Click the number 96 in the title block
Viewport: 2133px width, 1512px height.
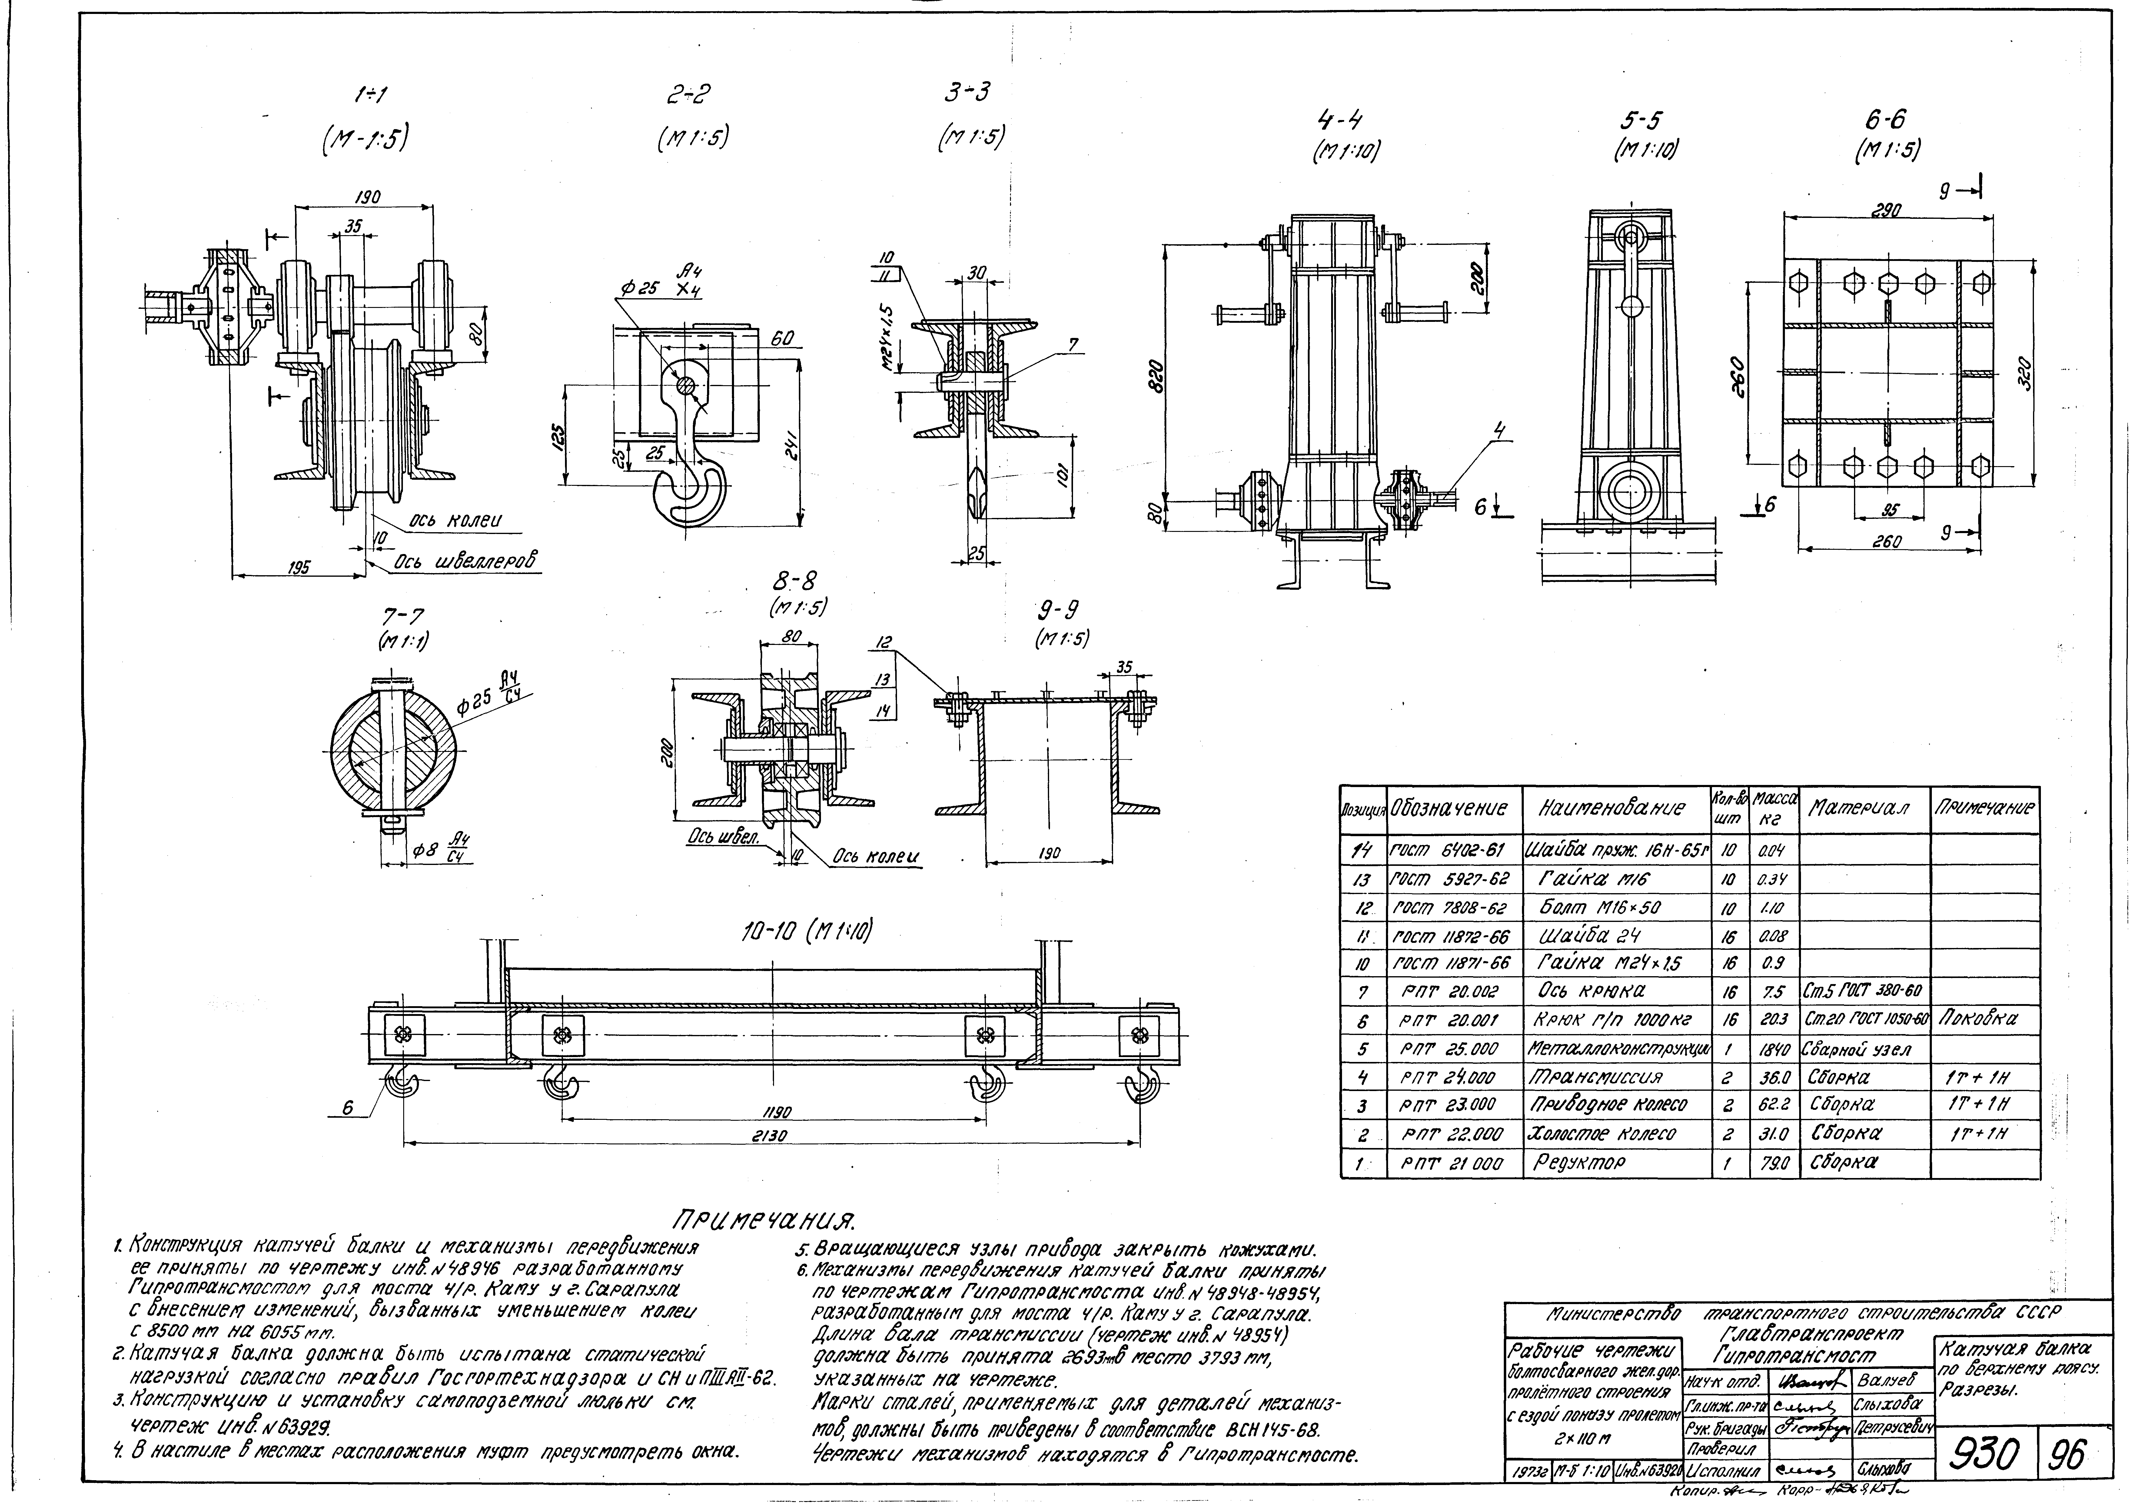point(2075,1452)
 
